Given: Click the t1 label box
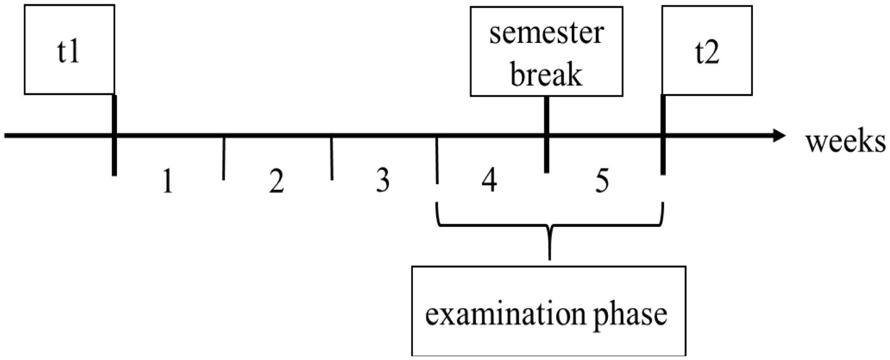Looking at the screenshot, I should point(69,50).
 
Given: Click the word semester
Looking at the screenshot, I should point(546,34).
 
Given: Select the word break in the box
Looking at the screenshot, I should point(546,74).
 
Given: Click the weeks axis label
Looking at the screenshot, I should point(846,142).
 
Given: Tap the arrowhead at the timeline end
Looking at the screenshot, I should point(780,135).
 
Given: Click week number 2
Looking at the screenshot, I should point(276,182).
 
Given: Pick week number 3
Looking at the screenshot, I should point(383,182).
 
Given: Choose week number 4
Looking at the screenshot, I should point(489,182).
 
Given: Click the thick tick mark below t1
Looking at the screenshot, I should point(115,156).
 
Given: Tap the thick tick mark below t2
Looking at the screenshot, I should point(663,156).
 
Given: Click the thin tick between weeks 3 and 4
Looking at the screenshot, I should point(437,161).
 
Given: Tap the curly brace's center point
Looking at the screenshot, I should point(549,240).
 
